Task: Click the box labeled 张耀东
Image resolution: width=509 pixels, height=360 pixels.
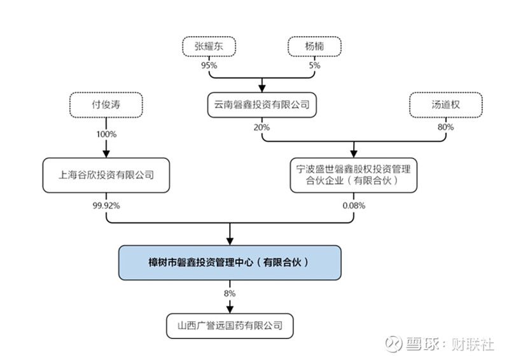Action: [x=209, y=46]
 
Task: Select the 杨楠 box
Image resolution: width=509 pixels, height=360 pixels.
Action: [x=314, y=46]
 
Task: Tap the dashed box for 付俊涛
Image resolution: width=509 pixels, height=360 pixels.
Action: [x=106, y=104]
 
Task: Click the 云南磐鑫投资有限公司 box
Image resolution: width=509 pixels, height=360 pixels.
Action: [x=261, y=104]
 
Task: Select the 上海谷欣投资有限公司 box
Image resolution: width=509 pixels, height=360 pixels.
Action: [x=106, y=174]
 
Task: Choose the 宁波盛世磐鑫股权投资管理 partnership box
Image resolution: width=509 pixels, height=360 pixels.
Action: [x=353, y=174]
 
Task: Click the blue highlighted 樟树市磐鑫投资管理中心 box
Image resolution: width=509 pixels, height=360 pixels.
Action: [x=230, y=262]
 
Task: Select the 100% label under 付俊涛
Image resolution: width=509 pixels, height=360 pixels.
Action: [x=106, y=135]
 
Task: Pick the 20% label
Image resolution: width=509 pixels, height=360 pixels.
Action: [x=261, y=127]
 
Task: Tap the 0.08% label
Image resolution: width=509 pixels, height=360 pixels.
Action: [x=354, y=205]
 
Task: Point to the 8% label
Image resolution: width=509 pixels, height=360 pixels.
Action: [x=230, y=293]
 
